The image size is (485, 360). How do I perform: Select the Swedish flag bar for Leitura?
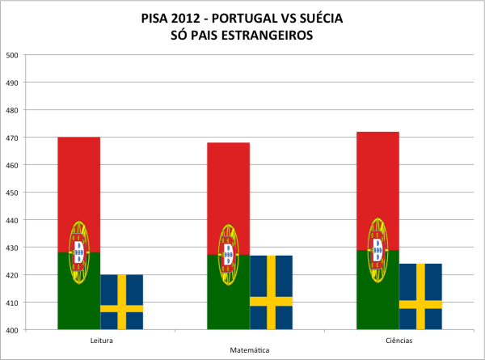coord(121,302)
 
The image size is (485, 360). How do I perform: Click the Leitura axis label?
coord(101,341)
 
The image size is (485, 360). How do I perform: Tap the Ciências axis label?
coord(399,341)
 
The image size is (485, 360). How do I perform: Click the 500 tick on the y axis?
coord(12,55)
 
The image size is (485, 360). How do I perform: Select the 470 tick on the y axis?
coord(12,138)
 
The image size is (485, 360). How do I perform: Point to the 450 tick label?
coord(12,193)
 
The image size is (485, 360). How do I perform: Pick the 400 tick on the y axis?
coord(12,330)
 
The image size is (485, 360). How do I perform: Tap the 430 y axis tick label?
coord(12,248)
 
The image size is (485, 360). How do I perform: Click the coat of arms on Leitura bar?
coord(78,252)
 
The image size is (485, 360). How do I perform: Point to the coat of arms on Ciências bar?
coord(377,249)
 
